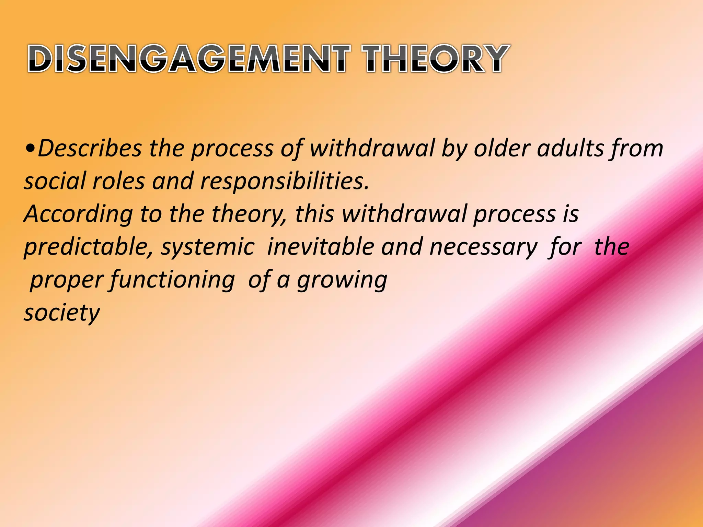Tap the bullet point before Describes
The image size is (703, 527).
(x=30, y=149)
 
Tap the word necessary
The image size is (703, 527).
(x=483, y=247)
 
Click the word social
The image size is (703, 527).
(x=55, y=181)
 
